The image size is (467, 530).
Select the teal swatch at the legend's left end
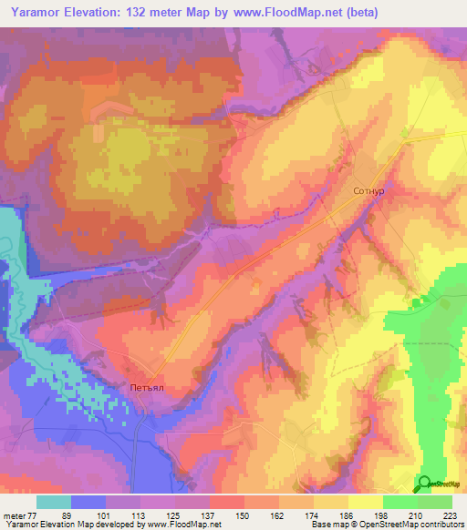click(54, 502)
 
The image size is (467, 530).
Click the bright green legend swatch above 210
click(400, 502)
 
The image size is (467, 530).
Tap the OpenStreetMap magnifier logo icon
click(423, 484)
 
